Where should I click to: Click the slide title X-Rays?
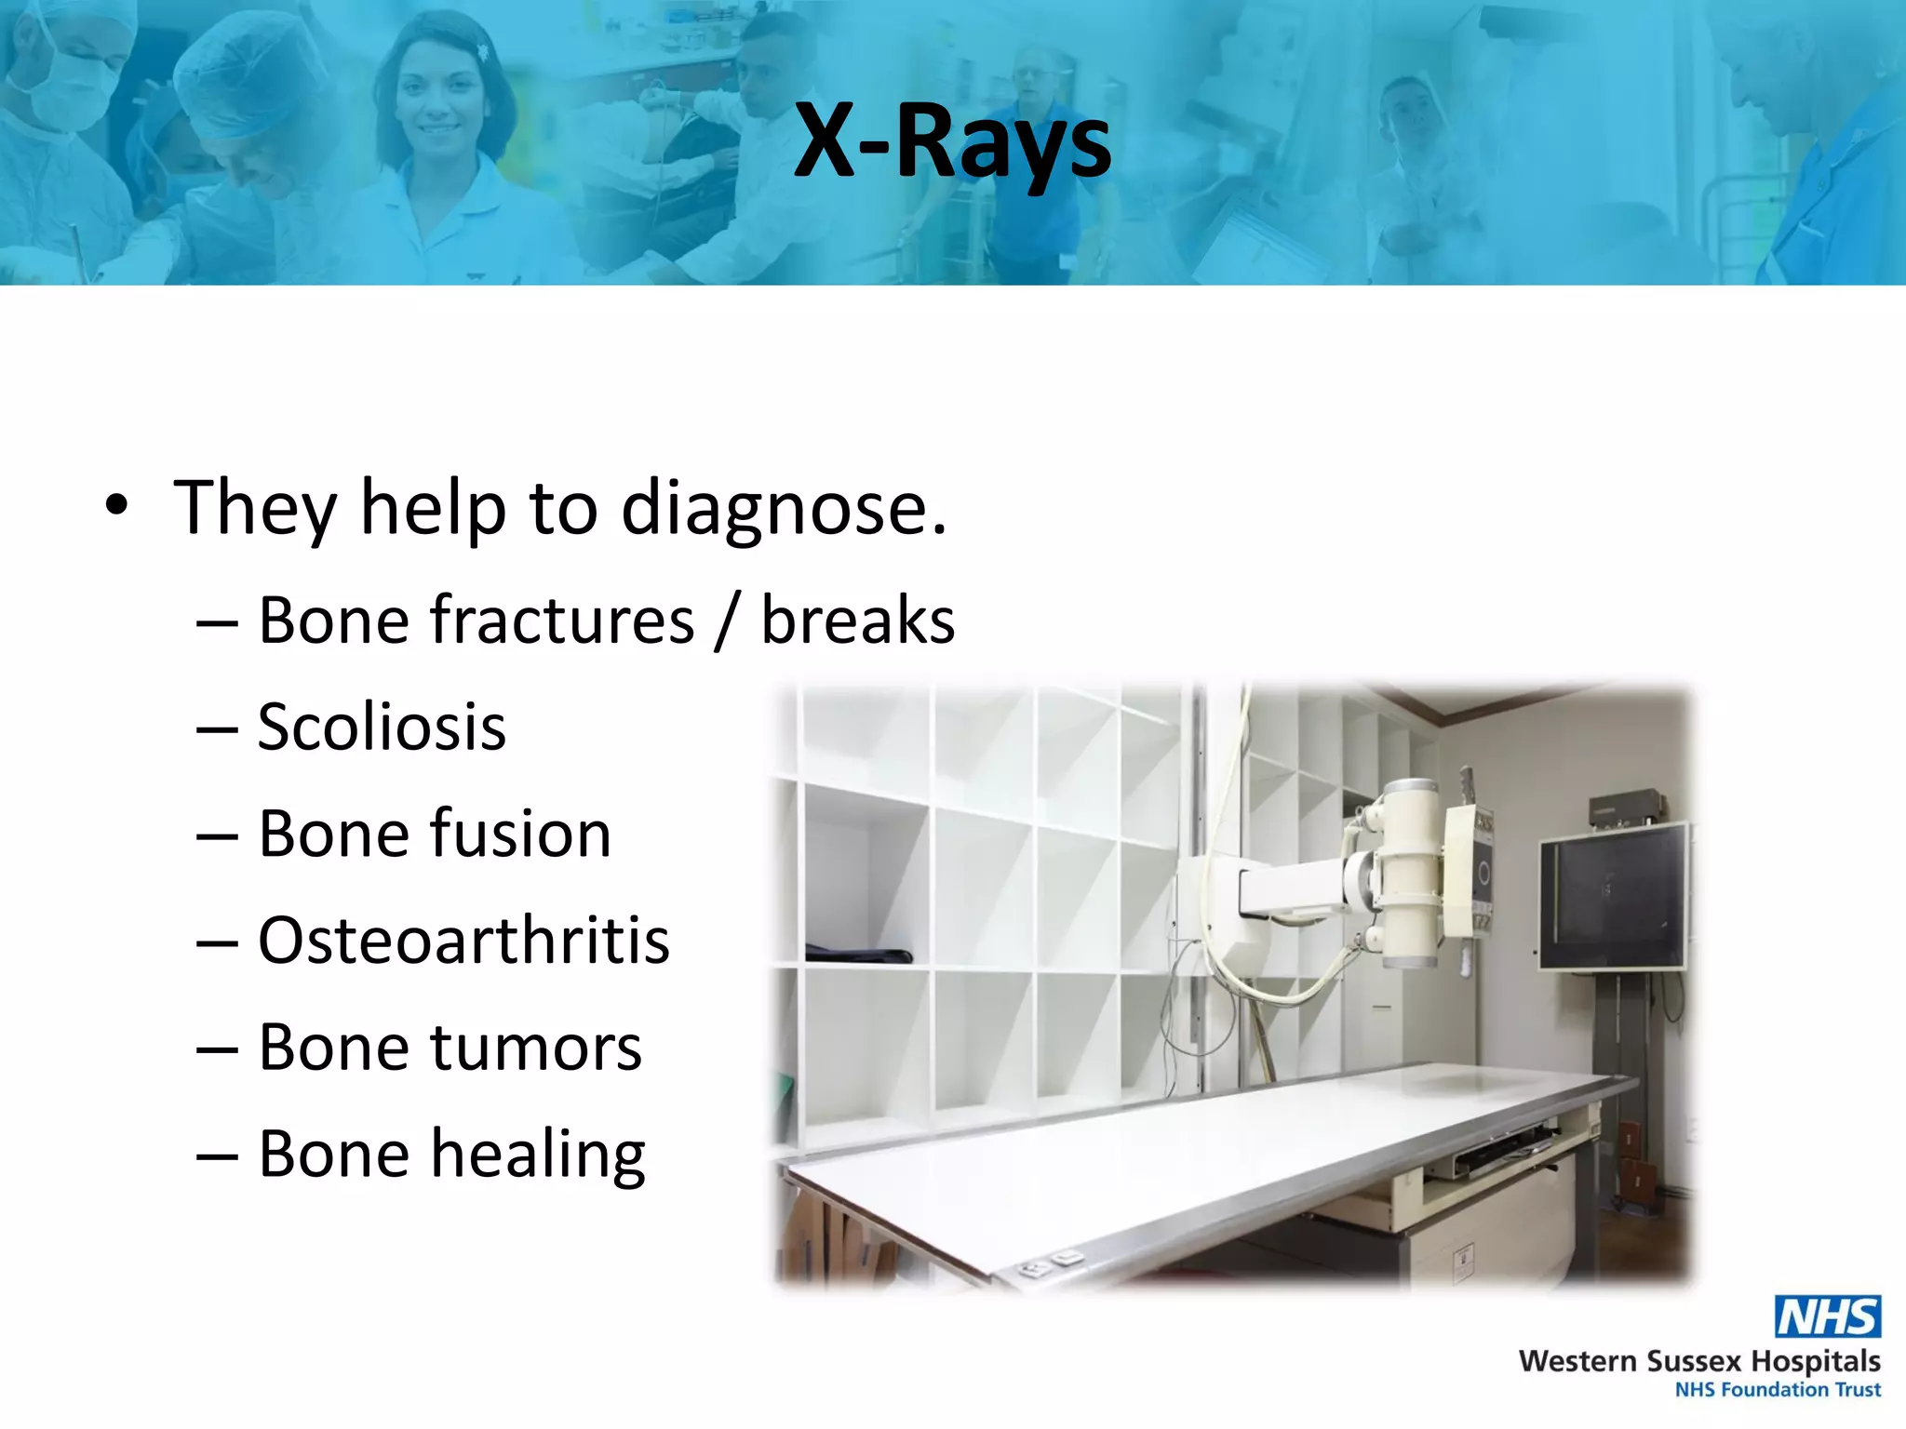[952, 142]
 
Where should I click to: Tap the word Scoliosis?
[382, 728]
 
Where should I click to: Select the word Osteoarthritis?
[463, 941]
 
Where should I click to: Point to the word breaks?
[857, 621]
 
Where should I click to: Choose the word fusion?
[520, 834]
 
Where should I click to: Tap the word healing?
[538, 1155]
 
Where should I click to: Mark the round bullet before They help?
[116, 506]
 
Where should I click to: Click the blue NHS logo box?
[1827, 1316]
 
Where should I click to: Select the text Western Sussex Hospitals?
[1698, 1361]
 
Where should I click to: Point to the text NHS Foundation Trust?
[1777, 1390]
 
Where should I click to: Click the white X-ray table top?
[1210, 1163]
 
